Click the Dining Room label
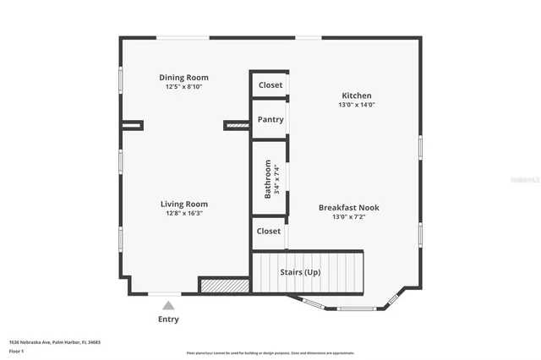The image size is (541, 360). tap(183, 78)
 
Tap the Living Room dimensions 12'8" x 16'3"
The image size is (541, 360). tap(183, 214)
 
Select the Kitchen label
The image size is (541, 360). tap(356, 95)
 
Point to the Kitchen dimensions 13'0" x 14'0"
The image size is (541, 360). tap(356, 105)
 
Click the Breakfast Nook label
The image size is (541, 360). tap(347, 207)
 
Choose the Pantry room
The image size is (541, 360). tap(270, 120)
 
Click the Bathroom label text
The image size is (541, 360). tap(268, 178)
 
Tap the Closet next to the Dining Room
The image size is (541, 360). tap(270, 85)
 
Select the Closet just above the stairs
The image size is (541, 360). tap(268, 232)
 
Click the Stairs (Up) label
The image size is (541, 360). tap(300, 272)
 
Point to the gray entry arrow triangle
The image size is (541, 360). tap(169, 306)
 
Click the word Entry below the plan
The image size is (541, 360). tap(169, 319)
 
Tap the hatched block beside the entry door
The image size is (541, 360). tap(224, 286)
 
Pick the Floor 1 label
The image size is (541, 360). tap(16, 350)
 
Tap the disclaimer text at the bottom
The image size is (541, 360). tap(270, 353)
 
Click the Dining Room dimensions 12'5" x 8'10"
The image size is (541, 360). tap(183, 86)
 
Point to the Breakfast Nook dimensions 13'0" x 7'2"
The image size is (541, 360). tap(347, 216)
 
